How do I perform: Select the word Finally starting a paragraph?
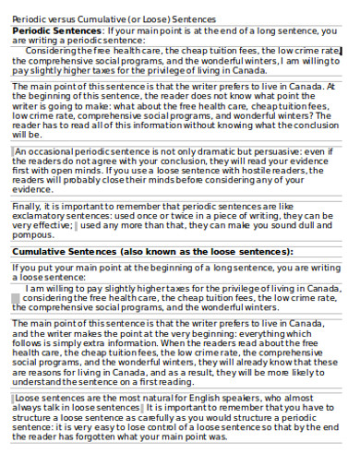click(26, 206)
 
